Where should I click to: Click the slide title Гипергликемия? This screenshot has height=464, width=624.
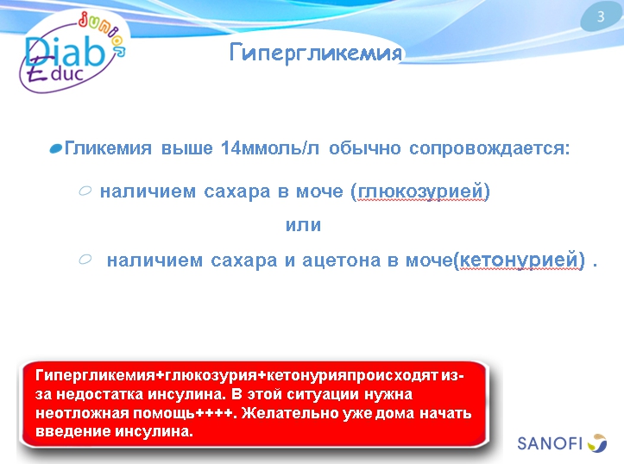(x=316, y=53)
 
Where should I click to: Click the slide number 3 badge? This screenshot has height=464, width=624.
(x=601, y=17)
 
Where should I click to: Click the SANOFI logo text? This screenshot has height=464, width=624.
(x=550, y=444)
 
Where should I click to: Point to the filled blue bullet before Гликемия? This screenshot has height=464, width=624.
(x=56, y=149)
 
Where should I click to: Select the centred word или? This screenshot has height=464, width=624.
(x=303, y=225)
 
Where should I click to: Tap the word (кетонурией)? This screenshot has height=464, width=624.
(x=520, y=260)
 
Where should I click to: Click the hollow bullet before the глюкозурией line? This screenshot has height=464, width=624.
(x=85, y=191)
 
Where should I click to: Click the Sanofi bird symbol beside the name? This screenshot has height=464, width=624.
(x=597, y=443)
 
